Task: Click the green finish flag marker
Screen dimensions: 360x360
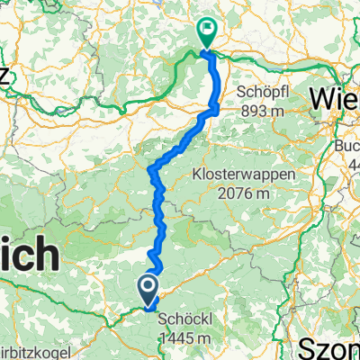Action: click(x=207, y=33)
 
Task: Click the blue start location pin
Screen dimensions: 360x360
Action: click(x=148, y=291)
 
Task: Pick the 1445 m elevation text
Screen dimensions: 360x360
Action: click(x=186, y=337)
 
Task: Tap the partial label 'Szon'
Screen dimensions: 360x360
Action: click(x=334, y=346)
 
